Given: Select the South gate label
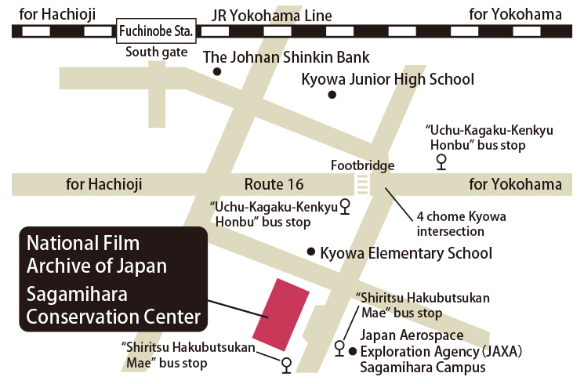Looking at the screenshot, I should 157,53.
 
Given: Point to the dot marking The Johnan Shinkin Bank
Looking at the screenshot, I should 217,72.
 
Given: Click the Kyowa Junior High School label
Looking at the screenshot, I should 388,79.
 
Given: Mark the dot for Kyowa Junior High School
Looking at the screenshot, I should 332,95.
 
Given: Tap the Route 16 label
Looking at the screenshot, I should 274,185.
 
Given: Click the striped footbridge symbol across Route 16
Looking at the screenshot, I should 362,185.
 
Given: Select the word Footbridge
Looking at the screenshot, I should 362,165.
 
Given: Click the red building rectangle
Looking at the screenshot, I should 279,314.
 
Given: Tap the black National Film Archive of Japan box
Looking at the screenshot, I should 113,280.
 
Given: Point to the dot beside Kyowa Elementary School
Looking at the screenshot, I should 311,252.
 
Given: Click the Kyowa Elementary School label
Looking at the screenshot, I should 406,253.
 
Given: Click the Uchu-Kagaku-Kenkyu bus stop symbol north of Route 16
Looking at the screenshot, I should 441,161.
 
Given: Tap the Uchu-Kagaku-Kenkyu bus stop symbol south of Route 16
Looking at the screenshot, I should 344,206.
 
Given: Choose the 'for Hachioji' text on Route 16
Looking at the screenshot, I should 104,185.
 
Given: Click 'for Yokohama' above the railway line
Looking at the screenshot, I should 515,15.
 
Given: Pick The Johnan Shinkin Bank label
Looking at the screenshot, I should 286,57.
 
